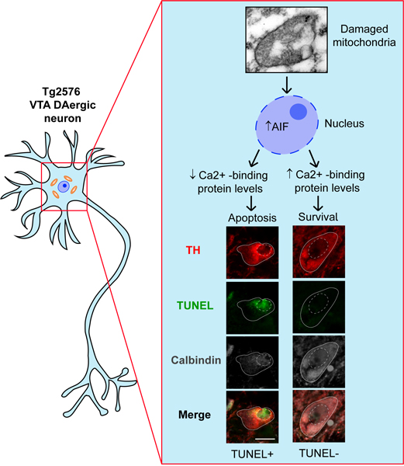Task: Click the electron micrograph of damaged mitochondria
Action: pyautogui.click(x=287, y=40)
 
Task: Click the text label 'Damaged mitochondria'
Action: pyautogui.click(x=364, y=36)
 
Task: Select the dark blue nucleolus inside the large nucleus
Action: pyautogui.click(x=299, y=112)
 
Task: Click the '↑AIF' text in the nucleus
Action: pyautogui.click(x=277, y=127)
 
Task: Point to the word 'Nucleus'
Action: pyautogui.click(x=344, y=123)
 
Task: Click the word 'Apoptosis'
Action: pyautogui.click(x=252, y=217)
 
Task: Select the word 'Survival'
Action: pyautogui.click(x=318, y=217)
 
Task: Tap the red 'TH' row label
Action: pyautogui.click(x=193, y=250)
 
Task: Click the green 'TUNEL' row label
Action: pyautogui.click(x=195, y=305)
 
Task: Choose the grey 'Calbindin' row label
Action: pyautogui.click(x=196, y=360)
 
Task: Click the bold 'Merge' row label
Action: pyautogui.click(x=195, y=415)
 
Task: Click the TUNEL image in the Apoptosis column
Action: pyautogui.click(x=253, y=308)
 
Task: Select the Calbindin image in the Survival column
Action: pyautogui.click(x=319, y=362)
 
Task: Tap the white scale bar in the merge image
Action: pyautogui.click(x=265, y=438)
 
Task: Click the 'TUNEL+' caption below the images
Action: pyautogui.click(x=252, y=454)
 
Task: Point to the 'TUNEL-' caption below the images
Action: pyautogui.click(x=319, y=454)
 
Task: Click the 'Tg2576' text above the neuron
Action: pyautogui.click(x=61, y=92)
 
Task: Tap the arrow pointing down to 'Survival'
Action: pyautogui.click(x=318, y=203)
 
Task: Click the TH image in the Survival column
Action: pyautogui.click(x=319, y=252)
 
